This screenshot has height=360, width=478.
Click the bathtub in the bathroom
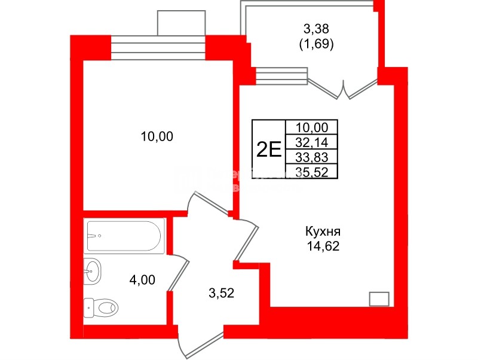(x=124, y=236)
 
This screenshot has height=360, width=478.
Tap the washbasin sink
(x=93, y=272)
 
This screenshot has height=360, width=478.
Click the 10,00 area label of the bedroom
(x=157, y=137)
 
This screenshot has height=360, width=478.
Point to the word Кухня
(x=323, y=231)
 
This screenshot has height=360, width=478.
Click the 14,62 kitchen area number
(x=323, y=245)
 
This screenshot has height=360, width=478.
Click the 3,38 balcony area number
(x=317, y=28)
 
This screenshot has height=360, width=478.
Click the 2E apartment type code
(x=269, y=149)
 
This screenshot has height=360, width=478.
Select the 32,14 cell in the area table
(x=312, y=142)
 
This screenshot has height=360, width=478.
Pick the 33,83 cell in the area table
(x=312, y=157)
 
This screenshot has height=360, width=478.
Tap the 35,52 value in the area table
(x=312, y=172)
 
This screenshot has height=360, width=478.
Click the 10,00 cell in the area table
(x=312, y=127)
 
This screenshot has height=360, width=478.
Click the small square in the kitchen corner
(x=379, y=298)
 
